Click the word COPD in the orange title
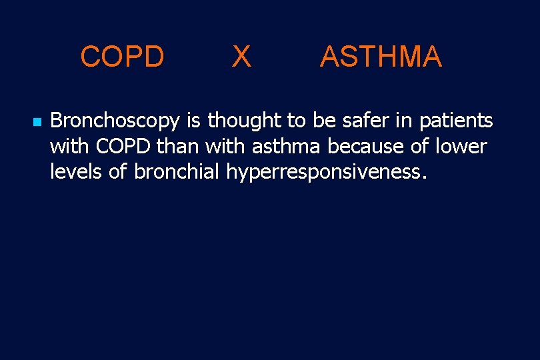tap(122, 57)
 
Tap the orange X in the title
tap(241, 57)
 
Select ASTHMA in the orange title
tap(381, 57)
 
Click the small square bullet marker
tap(37, 123)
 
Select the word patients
tap(456, 121)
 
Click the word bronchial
tap(177, 171)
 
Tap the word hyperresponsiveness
tap(325, 173)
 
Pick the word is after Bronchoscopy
tap(193, 121)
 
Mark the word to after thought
tap(297, 121)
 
